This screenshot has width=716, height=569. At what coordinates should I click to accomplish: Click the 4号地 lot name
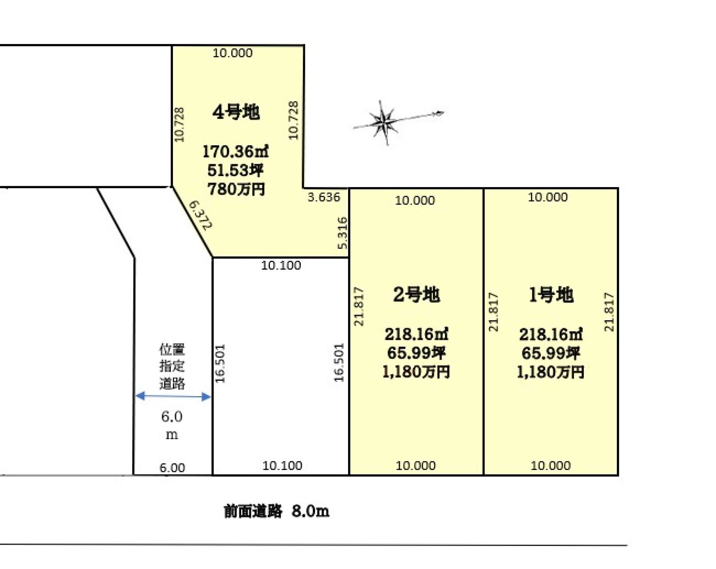click(x=236, y=112)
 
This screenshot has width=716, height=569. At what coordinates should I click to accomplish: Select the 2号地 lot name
click(x=416, y=295)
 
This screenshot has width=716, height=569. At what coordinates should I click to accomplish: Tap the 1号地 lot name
click(x=551, y=295)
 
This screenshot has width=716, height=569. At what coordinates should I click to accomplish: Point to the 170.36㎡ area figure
click(x=236, y=151)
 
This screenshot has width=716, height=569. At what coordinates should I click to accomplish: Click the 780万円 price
click(x=236, y=189)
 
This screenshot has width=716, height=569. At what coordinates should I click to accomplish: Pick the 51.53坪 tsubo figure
click(x=236, y=170)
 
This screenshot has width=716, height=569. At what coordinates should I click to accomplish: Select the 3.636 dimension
click(x=324, y=197)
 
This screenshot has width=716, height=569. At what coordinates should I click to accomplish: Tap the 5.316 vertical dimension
click(x=343, y=233)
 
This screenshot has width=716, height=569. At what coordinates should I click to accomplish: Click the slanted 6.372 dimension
click(x=200, y=215)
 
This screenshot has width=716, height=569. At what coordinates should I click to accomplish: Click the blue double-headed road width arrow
click(x=173, y=396)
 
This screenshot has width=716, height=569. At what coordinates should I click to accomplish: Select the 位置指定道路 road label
click(x=172, y=366)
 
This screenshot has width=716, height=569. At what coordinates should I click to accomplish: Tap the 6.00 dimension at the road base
click(x=172, y=468)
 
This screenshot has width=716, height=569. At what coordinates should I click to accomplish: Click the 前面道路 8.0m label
click(x=276, y=511)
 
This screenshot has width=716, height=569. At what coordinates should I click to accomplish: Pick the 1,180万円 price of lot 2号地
click(x=416, y=372)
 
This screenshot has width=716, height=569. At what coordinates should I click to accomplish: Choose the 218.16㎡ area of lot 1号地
click(x=551, y=334)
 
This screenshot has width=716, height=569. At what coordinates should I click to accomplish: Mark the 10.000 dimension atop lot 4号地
click(x=233, y=53)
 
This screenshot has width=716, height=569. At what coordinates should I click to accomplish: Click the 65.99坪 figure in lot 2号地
click(x=416, y=353)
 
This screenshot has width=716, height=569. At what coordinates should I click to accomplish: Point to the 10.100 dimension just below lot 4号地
click(x=281, y=266)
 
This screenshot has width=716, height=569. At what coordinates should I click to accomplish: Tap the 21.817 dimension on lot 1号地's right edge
click(x=609, y=312)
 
